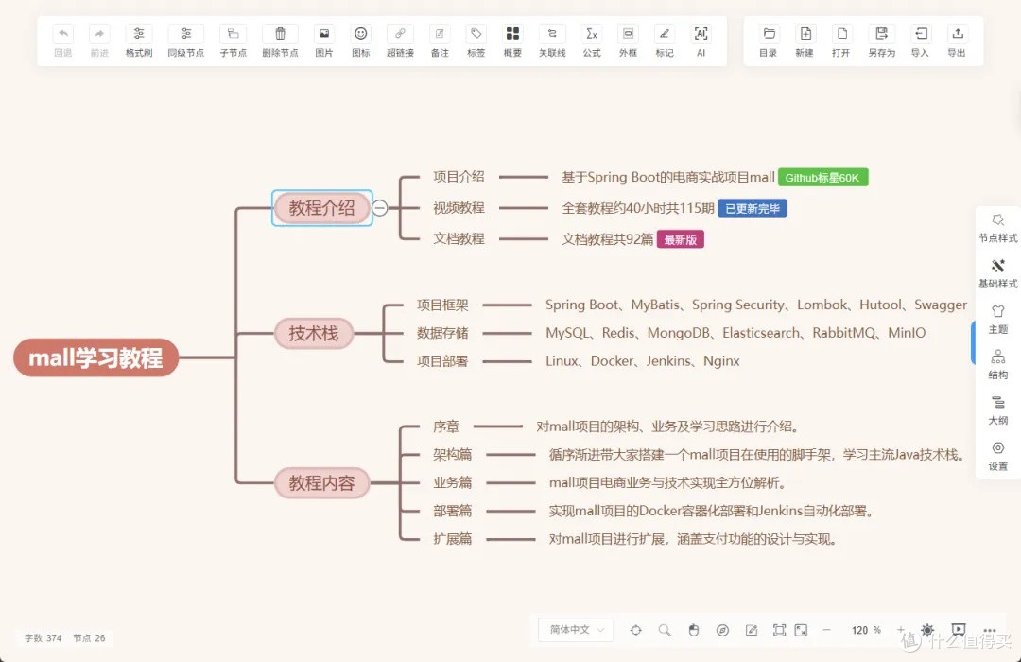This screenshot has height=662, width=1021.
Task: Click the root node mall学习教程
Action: [95, 357]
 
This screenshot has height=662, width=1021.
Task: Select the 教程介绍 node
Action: [321, 208]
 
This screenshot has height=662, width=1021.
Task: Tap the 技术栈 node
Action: [313, 334]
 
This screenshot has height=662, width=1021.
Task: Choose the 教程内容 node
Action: [321, 483]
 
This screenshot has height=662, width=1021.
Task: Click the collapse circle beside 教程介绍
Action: [380, 208]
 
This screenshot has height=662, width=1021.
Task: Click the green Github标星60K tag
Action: [822, 177]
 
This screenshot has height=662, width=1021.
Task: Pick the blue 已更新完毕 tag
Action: [753, 208]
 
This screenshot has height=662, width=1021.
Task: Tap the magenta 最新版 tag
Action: [681, 240]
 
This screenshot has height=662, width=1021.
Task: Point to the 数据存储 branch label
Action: [442, 333]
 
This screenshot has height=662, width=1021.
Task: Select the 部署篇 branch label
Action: [452, 511]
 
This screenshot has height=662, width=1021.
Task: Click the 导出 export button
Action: [957, 41]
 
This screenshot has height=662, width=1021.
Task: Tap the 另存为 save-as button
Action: [882, 41]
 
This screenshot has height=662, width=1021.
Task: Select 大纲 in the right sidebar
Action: [997, 410]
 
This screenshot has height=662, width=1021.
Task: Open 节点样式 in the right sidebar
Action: [997, 228]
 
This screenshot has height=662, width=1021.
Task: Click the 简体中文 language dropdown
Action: [576, 630]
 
